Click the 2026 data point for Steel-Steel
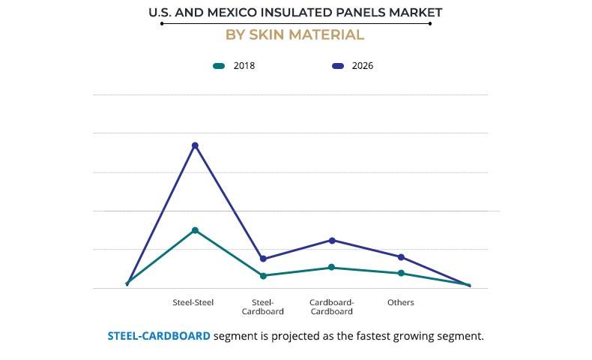(195, 145)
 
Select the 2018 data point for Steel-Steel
(195, 230)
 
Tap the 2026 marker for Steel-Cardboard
(263, 259)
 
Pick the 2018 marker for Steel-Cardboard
(263, 276)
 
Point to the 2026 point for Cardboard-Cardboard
(332, 240)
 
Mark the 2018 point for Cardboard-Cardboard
(331, 267)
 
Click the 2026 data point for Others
(401, 257)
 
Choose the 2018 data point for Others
(401, 273)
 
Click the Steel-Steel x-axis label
(193, 302)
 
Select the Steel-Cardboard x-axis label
(262, 307)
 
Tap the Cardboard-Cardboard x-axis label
(331, 307)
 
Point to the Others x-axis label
(400, 302)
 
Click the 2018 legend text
(244, 66)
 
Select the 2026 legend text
(362, 66)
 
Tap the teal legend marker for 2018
(219, 66)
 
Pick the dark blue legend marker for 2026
(337, 66)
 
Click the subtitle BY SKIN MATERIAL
(295, 34)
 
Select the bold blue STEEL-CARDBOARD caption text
(159, 336)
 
